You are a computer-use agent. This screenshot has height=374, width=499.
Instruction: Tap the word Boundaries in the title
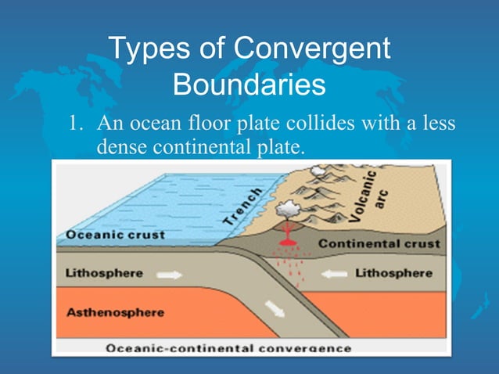249,85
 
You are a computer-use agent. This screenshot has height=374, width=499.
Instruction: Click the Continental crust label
379,243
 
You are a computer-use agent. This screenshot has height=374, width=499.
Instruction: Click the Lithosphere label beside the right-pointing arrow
104,273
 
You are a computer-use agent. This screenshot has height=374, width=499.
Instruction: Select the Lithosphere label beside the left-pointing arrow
393,273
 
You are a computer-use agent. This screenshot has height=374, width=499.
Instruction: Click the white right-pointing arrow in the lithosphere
170,275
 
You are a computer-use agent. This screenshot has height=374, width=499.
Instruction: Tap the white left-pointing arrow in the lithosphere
335,275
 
